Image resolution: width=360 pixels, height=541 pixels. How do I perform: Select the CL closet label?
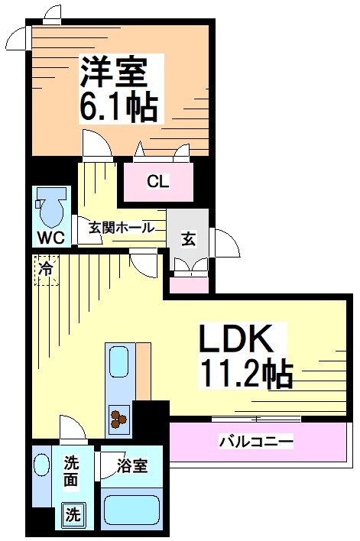(x=158, y=182)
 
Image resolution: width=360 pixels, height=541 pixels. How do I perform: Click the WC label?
(x=51, y=236)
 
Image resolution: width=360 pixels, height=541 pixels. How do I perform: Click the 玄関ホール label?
(x=122, y=228)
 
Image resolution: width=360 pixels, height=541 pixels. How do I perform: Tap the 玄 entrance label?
(x=188, y=238)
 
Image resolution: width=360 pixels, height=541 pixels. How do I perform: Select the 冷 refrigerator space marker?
(x=47, y=269)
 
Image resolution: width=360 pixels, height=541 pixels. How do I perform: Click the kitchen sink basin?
(x=118, y=362)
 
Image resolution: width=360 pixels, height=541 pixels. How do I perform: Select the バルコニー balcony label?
(x=256, y=442)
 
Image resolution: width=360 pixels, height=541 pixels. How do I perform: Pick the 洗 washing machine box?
(x=71, y=514)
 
